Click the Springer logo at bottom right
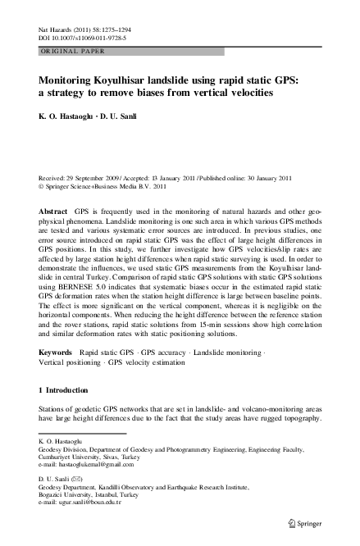[x=314, y=523]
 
